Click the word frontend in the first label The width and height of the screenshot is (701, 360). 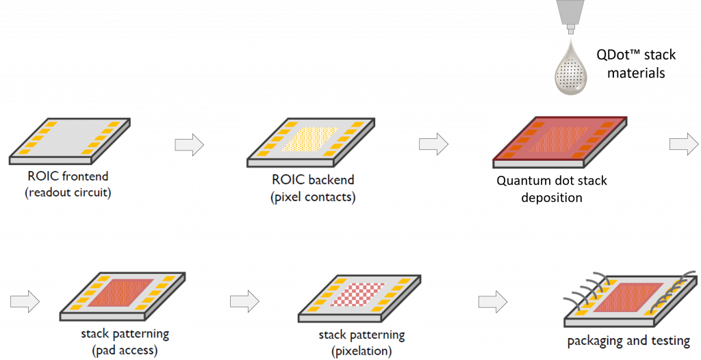point(85,177)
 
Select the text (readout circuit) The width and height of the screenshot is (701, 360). point(68,192)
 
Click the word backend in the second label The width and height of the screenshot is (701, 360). point(331,180)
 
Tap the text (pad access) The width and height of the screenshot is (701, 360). point(125,350)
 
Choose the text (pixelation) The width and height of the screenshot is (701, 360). point(361,351)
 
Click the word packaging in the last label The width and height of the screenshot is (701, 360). point(599,341)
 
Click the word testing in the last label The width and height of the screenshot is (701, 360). point(670,341)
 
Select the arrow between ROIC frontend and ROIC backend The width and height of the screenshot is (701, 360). point(190,144)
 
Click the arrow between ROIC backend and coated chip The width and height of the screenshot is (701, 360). point(433,144)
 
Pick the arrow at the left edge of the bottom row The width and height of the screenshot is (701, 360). point(25,303)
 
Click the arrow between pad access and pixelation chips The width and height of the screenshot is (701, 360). point(244,300)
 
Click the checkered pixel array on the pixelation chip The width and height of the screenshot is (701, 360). point(359,293)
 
